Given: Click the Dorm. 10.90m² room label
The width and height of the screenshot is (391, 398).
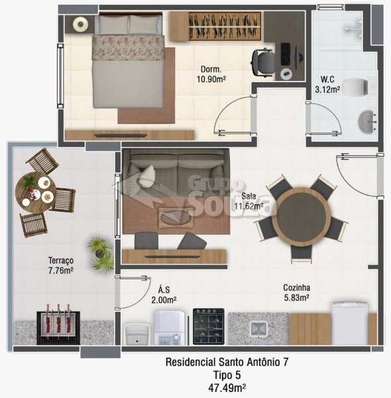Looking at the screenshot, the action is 211,74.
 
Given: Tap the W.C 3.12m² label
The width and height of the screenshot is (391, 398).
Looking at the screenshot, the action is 327,84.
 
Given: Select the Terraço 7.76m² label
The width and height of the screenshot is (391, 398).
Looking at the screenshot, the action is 61,265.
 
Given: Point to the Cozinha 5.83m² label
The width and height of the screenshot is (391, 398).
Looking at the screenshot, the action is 296,293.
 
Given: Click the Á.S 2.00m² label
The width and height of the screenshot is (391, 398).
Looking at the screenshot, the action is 164,295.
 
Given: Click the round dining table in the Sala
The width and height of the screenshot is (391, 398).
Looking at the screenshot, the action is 302,216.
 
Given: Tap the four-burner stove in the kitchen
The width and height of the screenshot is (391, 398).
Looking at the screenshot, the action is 209,326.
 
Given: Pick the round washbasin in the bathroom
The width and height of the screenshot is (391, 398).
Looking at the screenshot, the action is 367,122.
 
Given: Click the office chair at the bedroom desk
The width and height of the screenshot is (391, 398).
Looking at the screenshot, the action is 264,62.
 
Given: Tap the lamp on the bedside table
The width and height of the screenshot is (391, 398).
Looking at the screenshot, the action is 80,24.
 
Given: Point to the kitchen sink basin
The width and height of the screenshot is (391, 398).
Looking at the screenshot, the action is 258,329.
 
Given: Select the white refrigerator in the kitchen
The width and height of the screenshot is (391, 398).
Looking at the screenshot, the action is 350,323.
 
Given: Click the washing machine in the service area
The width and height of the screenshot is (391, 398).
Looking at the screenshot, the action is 169,328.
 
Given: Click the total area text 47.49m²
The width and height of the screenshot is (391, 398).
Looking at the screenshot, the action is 227,387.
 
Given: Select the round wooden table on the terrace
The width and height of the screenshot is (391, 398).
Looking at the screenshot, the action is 36,192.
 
